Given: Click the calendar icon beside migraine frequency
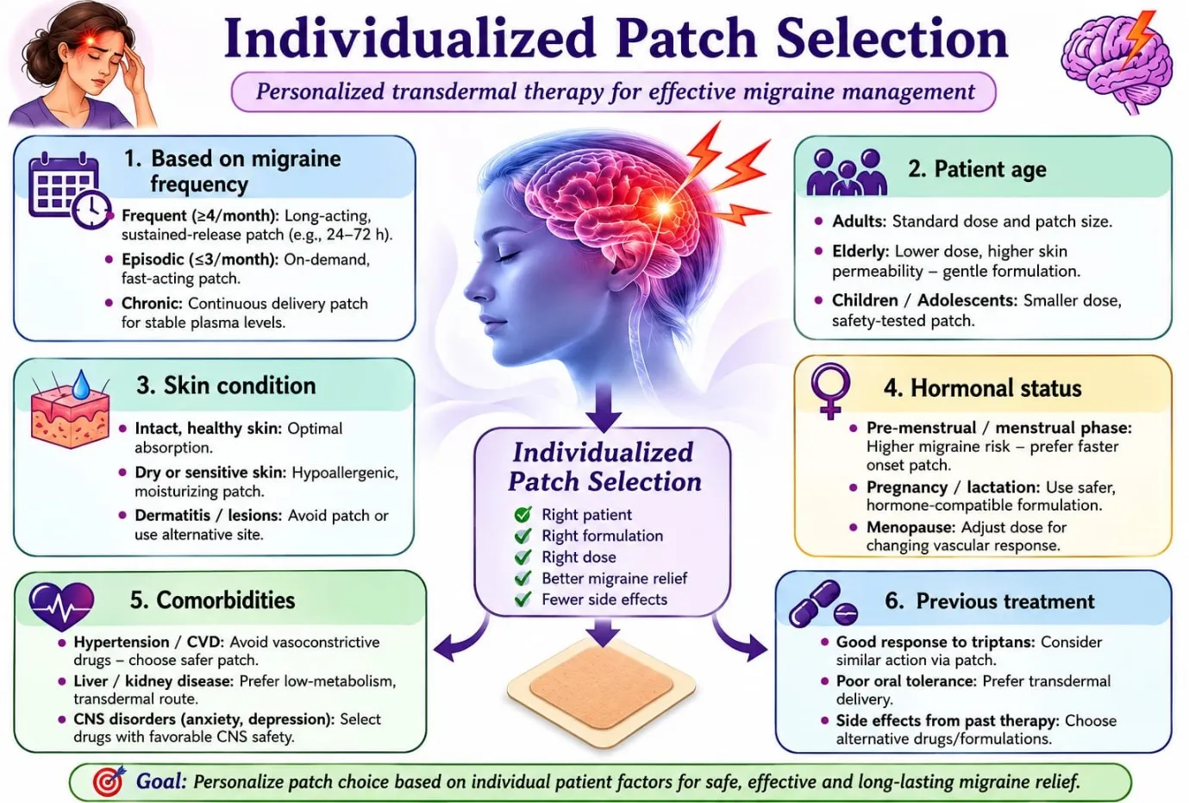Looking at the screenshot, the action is click(69, 190).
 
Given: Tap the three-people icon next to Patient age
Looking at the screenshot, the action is click(847, 173).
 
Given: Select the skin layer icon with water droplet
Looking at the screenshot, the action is click(71, 409).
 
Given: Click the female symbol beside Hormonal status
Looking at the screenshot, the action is click(830, 391).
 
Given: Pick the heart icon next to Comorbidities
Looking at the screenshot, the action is click(61, 606).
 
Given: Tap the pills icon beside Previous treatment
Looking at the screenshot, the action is click(823, 604).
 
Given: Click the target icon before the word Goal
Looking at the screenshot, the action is click(109, 781).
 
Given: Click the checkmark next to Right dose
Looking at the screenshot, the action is click(523, 556).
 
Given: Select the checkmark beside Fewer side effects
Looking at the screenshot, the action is click(523, 599).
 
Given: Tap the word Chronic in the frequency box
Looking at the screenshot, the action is click(152, 304).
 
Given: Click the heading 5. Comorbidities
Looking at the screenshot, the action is click(212, 600).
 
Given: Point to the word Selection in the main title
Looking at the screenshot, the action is click(892, 39).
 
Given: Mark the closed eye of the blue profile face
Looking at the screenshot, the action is click(506, 256).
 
